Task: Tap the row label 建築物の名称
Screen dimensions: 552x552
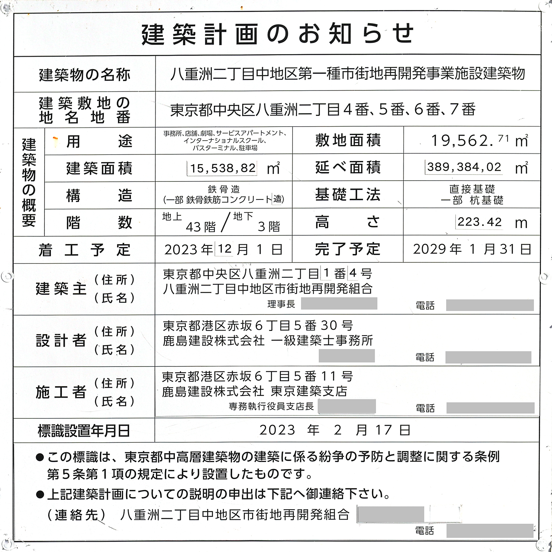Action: (85, 75)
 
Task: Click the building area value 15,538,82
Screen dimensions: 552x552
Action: (223, 169)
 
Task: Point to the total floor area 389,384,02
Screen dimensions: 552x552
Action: (464, 167)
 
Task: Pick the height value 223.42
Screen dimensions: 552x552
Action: (480, 222)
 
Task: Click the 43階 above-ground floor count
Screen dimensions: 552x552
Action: (201, 227)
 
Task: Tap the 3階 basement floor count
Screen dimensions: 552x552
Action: (269, 227)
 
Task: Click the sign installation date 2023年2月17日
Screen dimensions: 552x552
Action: (335, 430)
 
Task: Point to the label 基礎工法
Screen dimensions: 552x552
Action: (347, 195)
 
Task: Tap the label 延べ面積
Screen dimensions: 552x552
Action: (347, 167)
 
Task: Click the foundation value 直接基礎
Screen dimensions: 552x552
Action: (472, 189)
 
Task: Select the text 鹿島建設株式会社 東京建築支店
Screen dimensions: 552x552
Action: (254, 391)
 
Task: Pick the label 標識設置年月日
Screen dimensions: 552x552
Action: (84, 431)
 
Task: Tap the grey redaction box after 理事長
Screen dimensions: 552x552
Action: (339, 304)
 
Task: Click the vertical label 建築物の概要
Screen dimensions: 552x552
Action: (29, 182)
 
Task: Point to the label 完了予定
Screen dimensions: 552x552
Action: (347, 249)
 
